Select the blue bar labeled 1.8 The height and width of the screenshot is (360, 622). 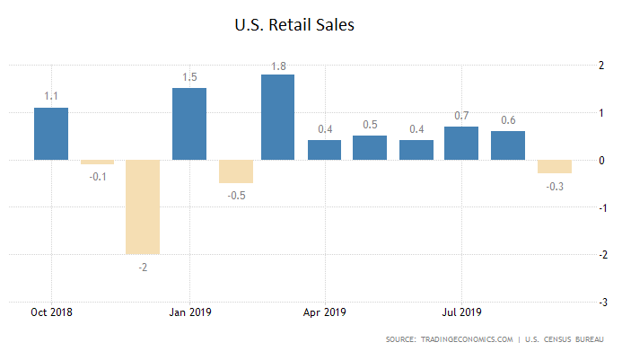277,117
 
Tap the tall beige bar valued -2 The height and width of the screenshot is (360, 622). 143,206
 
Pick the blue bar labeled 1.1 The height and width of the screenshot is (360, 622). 51,134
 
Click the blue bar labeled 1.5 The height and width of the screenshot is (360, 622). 188,124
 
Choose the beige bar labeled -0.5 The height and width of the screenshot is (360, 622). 235,171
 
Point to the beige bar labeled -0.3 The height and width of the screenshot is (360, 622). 554,167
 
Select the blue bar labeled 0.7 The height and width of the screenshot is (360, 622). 461,143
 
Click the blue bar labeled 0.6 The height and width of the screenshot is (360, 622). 507,145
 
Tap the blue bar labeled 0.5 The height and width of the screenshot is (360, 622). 370,148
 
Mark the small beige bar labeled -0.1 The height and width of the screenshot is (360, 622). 97,162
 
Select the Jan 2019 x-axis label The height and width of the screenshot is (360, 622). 189,312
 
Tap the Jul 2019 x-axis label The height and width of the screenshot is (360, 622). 461,312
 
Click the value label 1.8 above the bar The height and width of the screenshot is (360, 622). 277,65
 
